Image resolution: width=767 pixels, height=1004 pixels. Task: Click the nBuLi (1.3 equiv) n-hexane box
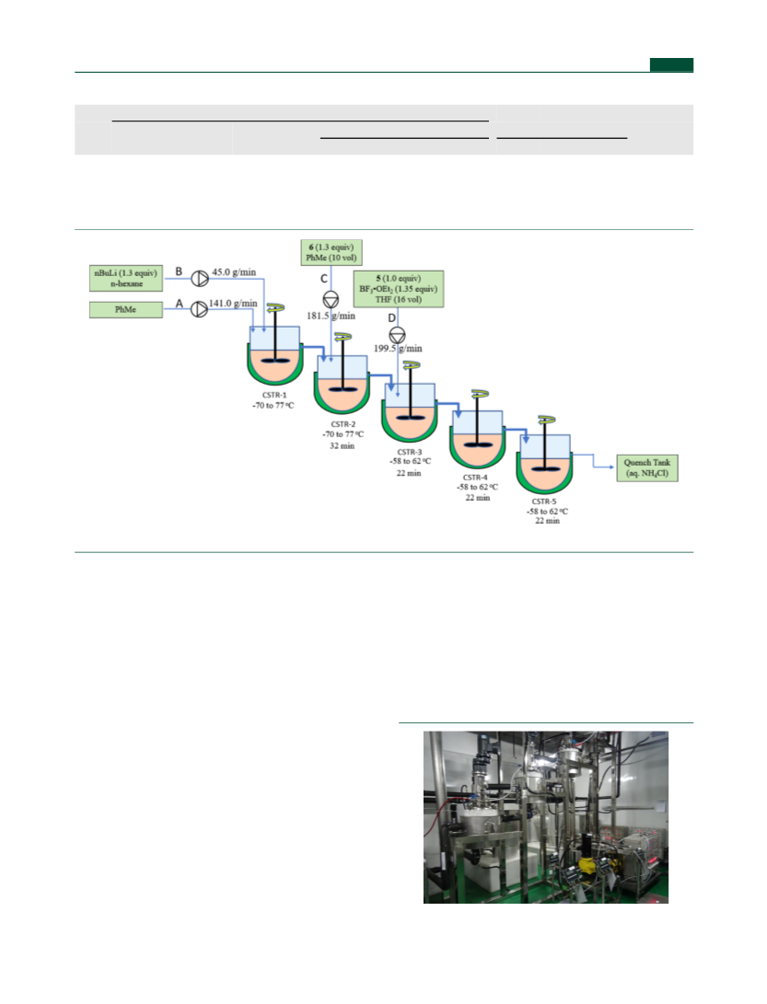tap(126, 278)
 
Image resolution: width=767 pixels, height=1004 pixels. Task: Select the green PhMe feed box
tap(125, 310)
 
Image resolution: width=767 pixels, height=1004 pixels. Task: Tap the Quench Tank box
tap(647, 468)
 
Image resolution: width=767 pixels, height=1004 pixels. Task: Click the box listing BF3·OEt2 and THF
tap(399, 289)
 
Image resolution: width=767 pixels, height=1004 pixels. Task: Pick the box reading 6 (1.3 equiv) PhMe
tap(331, 252)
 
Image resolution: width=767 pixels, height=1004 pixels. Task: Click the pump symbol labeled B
tap(200, 279)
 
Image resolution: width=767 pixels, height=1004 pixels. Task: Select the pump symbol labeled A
tap(200, 309)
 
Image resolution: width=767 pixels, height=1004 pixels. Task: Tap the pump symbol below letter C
tap(331, 299)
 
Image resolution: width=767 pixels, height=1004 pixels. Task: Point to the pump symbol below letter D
tap(397, 335)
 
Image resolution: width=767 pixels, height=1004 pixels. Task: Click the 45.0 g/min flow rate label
tap(234, 272)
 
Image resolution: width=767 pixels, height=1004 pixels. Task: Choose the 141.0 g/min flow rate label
tap(233, 304)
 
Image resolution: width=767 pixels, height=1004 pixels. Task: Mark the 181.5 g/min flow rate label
tap(331, 316)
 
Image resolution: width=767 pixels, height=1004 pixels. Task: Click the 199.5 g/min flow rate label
tap(398, 349)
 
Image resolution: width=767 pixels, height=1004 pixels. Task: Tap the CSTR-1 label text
tap(274, 395)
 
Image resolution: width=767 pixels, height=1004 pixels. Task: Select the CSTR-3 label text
tap(410, 452)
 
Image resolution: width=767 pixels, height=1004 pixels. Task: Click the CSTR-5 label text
tap(544, 502)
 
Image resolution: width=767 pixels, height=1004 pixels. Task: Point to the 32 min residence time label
tap(343, 445)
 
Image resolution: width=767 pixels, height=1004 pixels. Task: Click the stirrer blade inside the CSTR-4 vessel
tap(477, 444)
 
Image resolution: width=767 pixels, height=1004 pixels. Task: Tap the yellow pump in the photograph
tap(588, 865)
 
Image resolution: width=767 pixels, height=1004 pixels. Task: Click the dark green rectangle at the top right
tap(671, 64)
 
